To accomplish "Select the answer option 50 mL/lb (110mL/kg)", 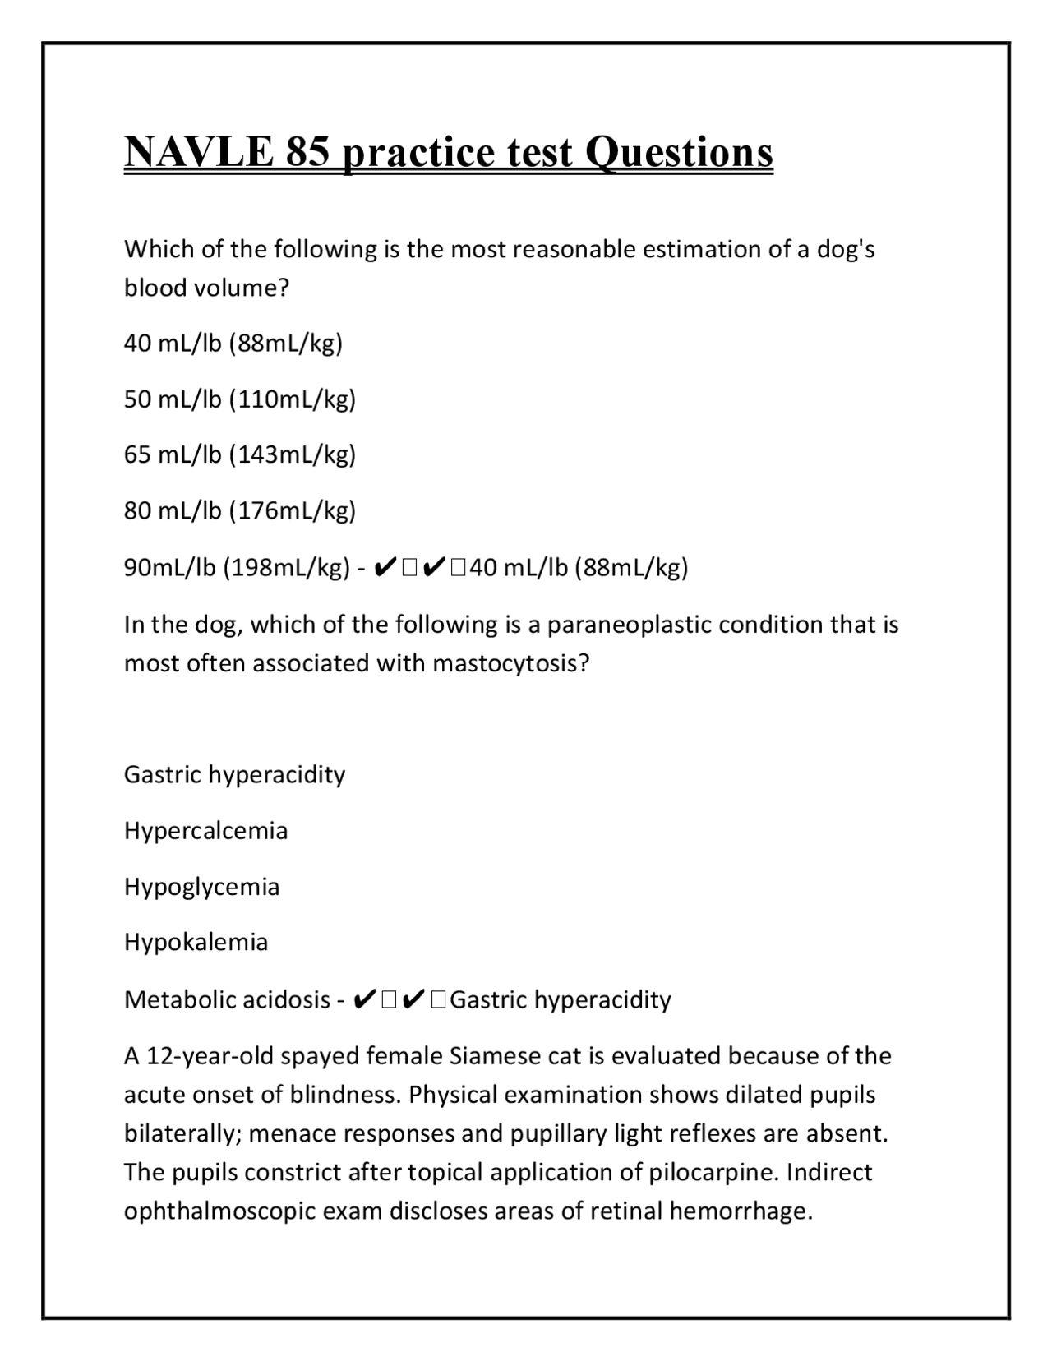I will click(x=239, y=399).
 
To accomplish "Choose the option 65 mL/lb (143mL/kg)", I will click(x=239, y=454).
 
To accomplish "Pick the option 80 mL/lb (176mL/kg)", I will click(x=239, y=510).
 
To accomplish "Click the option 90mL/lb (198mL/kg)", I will click(x=238, y=567).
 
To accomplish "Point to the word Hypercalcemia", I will click(x=205, y=830).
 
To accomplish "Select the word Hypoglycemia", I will click(x=201, y=886).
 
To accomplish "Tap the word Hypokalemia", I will click(x=196, y=941).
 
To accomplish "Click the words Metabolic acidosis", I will click(x=227, y=999).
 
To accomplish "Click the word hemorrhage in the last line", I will click(x=741, y=1211).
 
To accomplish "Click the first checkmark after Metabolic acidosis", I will click(x=364, y=999).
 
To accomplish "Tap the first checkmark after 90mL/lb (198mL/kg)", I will click(x=385, y=567).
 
